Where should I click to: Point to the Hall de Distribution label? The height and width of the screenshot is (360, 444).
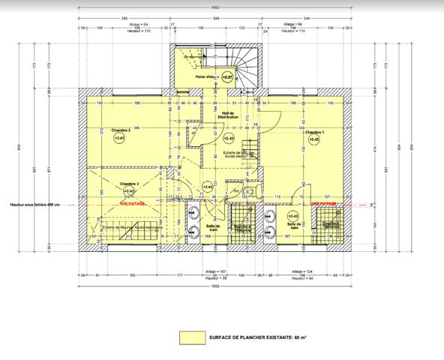(x=227, y=115)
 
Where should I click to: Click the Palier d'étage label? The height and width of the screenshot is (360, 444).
(x=205, y=76)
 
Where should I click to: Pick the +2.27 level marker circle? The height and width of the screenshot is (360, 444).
(x=227, y=76)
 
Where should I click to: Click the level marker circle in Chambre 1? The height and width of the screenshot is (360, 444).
(x=314, y=139)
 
